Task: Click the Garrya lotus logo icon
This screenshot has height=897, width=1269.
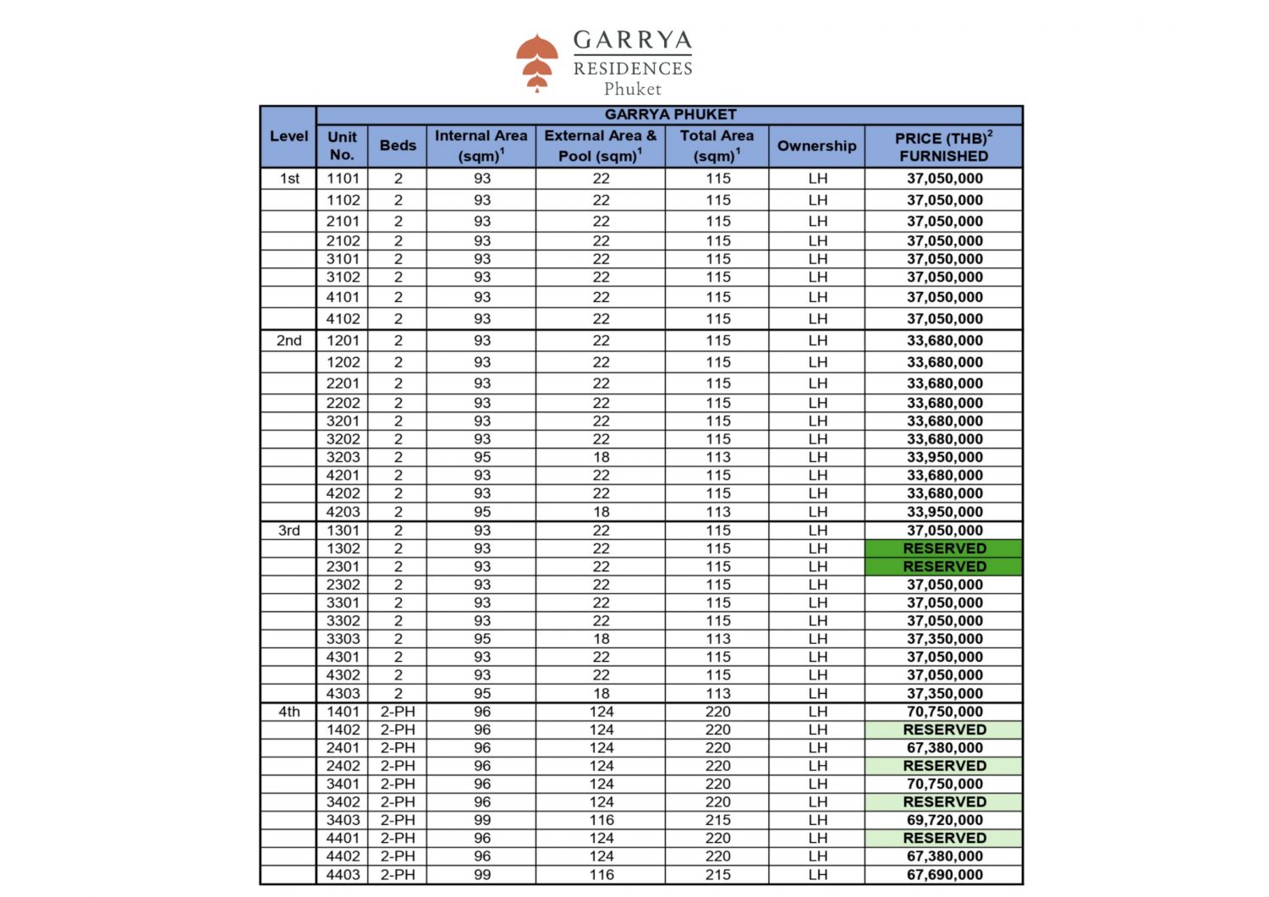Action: point(537,62)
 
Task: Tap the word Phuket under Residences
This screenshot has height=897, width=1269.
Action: point(633,89)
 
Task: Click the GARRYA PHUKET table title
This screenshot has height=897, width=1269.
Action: point(670,115)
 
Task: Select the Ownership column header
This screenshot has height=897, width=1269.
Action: point(816,146)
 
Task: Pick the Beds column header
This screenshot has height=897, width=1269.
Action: point(398,146)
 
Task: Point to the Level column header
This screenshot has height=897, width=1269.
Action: point(288,136)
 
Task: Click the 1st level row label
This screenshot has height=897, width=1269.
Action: point(289,179)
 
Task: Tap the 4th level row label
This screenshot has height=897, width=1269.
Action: point(289,712)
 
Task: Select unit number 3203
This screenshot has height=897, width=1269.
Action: point(343,457)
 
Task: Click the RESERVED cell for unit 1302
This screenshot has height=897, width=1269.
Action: point(944,548)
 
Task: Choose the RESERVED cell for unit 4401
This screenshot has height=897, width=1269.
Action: point(944,838)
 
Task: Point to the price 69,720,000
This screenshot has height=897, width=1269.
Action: point(944,820)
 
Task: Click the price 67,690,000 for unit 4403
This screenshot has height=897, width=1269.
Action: point(944,875)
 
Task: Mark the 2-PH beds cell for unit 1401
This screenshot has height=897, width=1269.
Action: point(398,712)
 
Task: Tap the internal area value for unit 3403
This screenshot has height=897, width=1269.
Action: point(482,820)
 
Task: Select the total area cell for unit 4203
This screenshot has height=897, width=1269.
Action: point(718,512)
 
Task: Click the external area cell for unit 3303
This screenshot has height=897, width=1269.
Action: point(602,639)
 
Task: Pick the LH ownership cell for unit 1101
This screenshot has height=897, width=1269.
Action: point(817,179)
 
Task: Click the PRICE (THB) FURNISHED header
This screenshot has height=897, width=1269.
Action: point(943,146)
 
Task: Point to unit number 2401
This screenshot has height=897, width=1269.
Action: point(343,748)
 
